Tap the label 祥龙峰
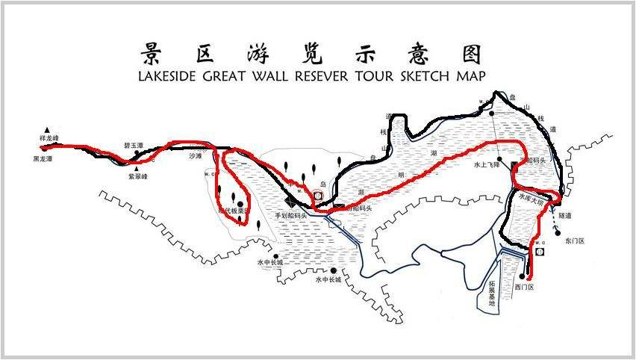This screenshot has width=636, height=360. pyautogui.click(x=49, y=139)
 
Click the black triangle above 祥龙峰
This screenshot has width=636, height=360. pyautogui.click(x=48, y=129)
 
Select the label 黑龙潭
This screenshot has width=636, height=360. pyautogui.click(x=43, y=159)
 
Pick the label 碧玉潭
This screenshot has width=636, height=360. pyautogui.click(x=133, y=146)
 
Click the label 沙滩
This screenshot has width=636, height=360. pyautogui.click(x=196, y=156)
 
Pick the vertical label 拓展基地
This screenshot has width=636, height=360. pyautogui.click(x=491, y=293)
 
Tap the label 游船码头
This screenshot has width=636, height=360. pyautogui.click(x=358, y=208)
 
